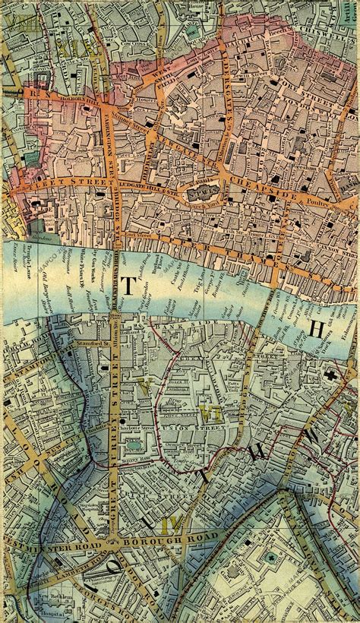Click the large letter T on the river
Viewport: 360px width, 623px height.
click(130, 286)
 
